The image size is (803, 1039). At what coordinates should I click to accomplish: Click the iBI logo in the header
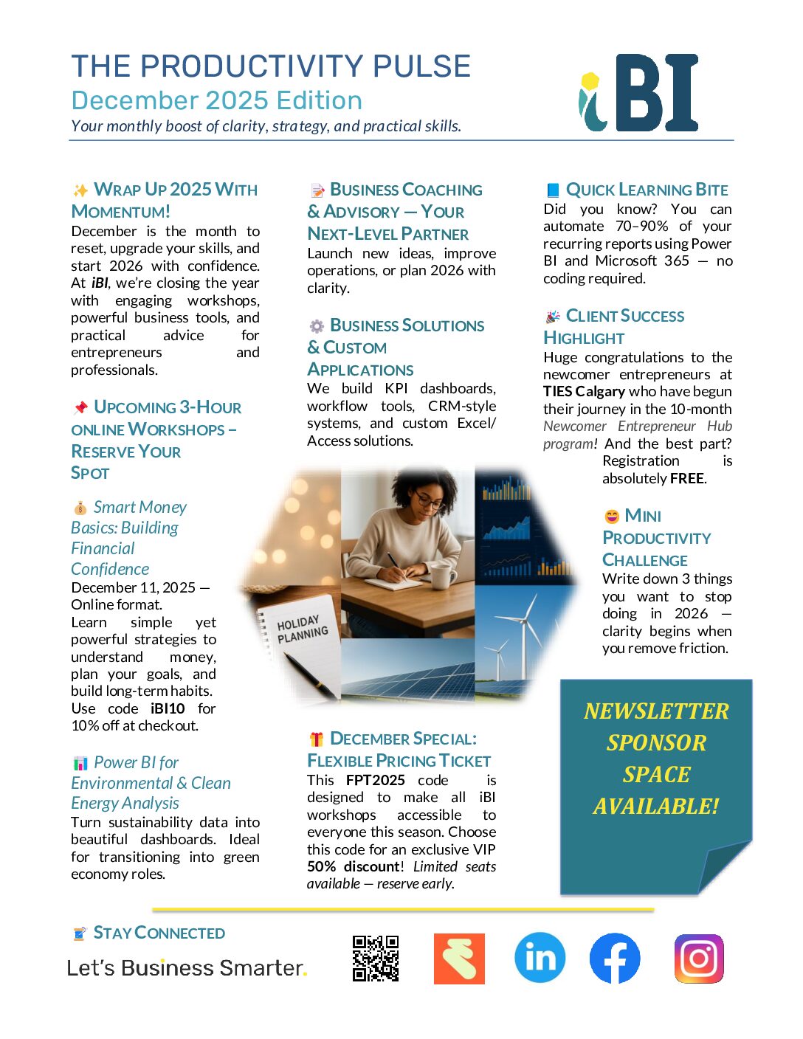pyautogui.click(x=639, y=93)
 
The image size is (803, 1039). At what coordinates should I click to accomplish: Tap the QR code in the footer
pyautogui.click(x=376, y=959)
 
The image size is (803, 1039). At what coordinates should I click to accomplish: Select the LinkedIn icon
pyautogui.click(x=540, y=958)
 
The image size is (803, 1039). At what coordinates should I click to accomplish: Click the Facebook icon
pyautogui.click(x=615, y=959)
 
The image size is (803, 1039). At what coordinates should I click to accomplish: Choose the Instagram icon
pyautogui.click(x=699, y=959)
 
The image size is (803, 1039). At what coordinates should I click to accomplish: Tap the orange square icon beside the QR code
pyautogui.click(x=459, y=959)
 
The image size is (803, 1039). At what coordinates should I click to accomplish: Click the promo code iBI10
pyautogui.click(x=168, y=708)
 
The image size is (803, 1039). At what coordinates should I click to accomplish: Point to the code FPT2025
pyautogui.click(x=376, y=780)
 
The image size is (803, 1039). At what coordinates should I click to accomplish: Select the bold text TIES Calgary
pyautogui.click(x=584, y=391)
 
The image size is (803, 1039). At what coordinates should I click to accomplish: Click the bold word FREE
pyautogui.click(x=686, y=478)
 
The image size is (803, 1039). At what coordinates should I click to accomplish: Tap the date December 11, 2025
pyautogui.click(x=134, y=587)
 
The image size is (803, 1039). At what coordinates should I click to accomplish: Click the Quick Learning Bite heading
pyautogui.click(x=647, y=190)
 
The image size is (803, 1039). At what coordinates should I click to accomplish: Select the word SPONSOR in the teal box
pyautogui.click(x=656, y=742)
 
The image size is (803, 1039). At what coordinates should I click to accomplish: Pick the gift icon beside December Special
pyautogui.click(x=317, y=739)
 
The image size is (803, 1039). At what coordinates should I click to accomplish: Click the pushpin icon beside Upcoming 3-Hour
pyautogui.click(x=80, y=407)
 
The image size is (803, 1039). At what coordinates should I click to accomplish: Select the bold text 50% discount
pyautogui.click(x=354, y=866)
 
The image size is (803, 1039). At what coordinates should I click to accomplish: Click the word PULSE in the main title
pyautogui.click(x=421, y=66)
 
